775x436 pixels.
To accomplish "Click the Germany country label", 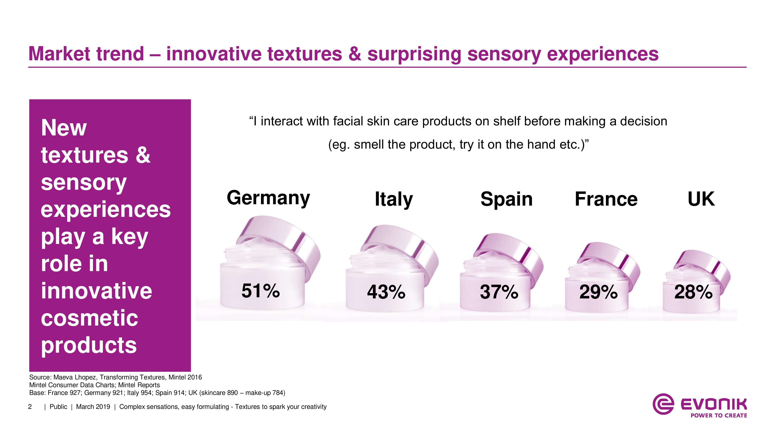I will click(x=268, y=198).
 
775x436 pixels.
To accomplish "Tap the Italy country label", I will click(x=394, y=199).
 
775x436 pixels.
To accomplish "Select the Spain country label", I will click(x=506, y=199).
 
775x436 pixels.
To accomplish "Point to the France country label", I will click(x=606, y=199).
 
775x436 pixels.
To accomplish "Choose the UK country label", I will click(x=701, y=199).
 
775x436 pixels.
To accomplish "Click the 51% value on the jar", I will click(x=261, y=291).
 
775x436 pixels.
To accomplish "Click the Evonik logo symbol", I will click(x=663, y=404).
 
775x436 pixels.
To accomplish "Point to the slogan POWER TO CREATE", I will click(x=719, y=415).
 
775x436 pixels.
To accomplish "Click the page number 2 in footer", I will click(x=30, y=407).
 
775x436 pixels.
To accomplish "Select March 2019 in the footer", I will click(x=93, y=407).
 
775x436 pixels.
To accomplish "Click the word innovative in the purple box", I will click(x=96, y=291).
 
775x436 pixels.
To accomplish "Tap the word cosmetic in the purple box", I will click(x=89, y=318).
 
